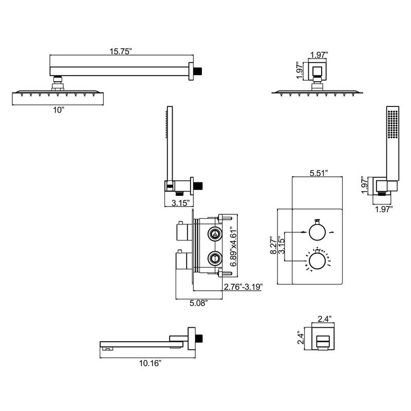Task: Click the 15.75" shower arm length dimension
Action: tap(121, 51)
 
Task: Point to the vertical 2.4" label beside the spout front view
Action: tap(303, 338)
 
